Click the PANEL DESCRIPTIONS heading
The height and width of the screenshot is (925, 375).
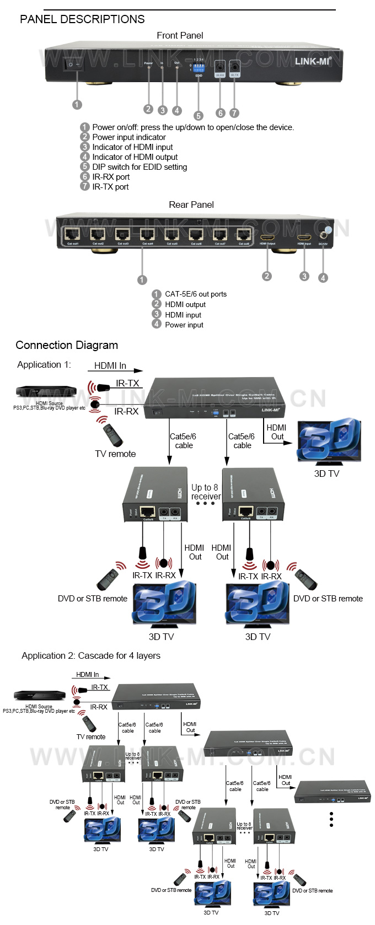(x=82, y=19)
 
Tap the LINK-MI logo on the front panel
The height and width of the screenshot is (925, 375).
(x=313, y=61)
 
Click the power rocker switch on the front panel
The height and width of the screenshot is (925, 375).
(x=74, y=64)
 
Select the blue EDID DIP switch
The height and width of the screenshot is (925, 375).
(x=199, y=70)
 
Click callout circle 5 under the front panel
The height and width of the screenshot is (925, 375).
(x=199, y=116)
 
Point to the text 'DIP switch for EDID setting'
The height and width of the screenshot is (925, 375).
(x=140, y=167)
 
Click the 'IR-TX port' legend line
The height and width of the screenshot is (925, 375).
(x=110, y=187)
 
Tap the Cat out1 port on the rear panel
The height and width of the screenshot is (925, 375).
(x=73, y=234)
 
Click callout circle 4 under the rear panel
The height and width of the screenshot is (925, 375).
(x=323, y=278)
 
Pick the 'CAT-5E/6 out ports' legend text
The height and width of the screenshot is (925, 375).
(x=196, y=294)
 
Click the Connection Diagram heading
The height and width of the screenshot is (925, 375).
(x=67, y=346)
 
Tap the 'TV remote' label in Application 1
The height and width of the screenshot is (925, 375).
(x=115, y=454)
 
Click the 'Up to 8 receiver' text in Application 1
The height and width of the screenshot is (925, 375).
(x=206, y=492)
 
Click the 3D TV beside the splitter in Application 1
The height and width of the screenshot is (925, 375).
(x=329, y=440)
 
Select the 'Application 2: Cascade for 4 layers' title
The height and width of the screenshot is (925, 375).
(x=91, y=656)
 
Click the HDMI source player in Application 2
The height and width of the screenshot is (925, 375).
(x=39, y=696)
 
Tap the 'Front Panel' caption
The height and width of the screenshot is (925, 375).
(x=180, y=36)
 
